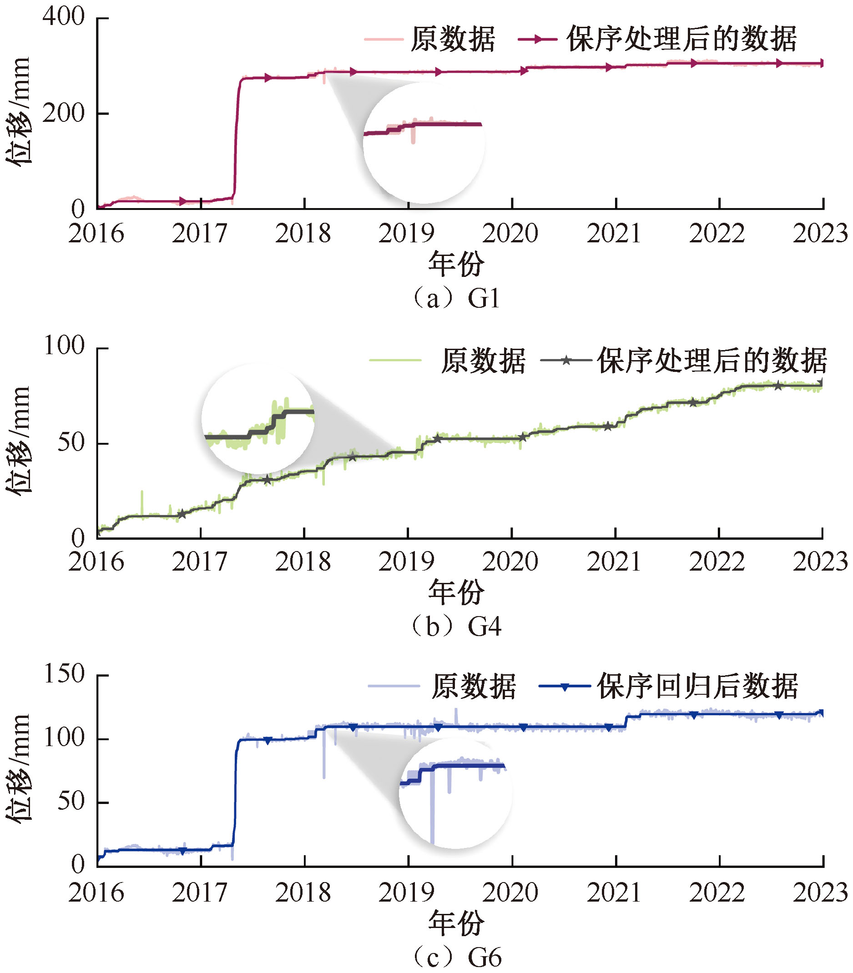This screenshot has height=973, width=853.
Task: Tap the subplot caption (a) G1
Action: coord(456,299)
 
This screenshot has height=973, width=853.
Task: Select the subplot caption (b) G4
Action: coord(456,626)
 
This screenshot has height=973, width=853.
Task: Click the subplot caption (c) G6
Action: coord(456,957)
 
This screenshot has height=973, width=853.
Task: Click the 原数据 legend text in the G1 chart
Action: coord(453,39)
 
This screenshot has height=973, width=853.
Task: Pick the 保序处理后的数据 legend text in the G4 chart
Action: coord(712,361)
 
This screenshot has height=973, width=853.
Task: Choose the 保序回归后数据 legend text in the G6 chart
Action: coord(698,686)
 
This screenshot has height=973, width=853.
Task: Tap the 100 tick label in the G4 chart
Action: coord(64,346)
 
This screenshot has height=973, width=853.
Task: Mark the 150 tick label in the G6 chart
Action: coord(64,674)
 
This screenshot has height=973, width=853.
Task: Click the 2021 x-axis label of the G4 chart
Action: coord(614,562)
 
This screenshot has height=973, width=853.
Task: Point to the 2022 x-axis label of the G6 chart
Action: coord(717,892)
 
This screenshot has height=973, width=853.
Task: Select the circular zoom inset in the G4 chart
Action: coord(257,419)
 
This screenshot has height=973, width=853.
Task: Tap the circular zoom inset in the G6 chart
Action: coord(455,792)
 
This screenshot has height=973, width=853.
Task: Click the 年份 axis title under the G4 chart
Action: coord(456,592)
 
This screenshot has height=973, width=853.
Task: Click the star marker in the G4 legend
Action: coord(566,361)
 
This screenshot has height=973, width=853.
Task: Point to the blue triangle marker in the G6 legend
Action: coord(565,687)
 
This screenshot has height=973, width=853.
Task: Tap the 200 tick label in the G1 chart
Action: coord(63,113)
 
